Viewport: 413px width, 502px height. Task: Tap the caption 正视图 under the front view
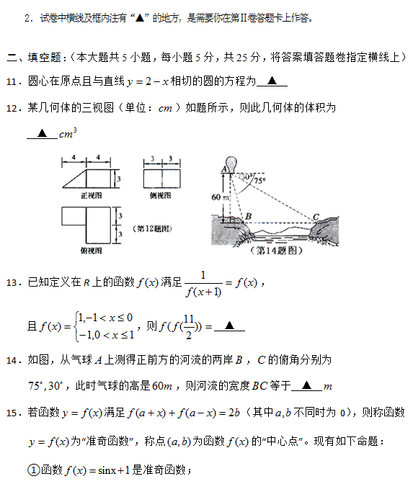[90, 195]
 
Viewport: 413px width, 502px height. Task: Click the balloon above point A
[230, 161]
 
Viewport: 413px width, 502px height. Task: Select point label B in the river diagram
[248, 215]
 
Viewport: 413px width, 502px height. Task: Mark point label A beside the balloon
[223, 169]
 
